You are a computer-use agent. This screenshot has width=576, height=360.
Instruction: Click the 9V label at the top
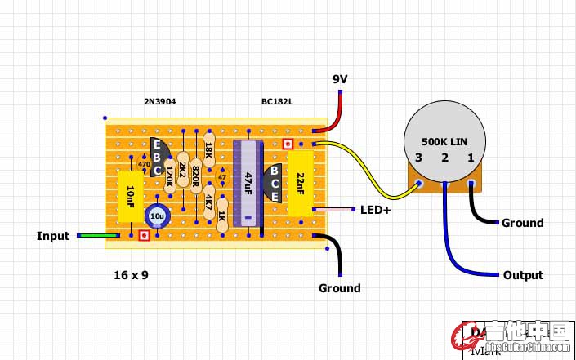coord(340,79)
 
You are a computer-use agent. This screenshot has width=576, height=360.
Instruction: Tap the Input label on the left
coord(53,236)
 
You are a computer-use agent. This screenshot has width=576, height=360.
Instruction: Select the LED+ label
coord(376,210)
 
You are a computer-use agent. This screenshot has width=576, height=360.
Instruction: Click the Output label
coord(523,275)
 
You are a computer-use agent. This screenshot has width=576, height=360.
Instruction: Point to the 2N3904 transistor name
coord(159,102)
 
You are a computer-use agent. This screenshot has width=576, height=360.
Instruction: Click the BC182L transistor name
coord(278,102)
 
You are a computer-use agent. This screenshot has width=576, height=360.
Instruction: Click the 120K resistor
coord(169,174)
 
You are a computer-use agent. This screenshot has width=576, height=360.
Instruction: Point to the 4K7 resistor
coord(209,200)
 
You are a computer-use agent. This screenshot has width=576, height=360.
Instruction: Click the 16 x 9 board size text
coord(131,275)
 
